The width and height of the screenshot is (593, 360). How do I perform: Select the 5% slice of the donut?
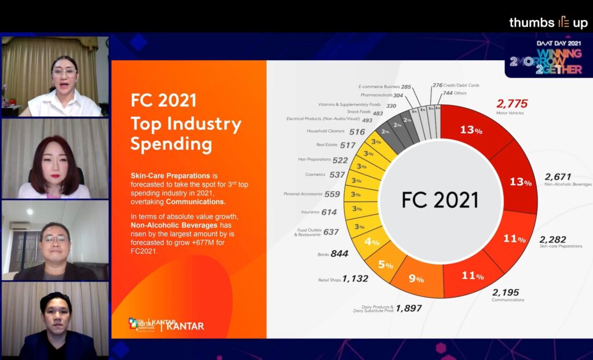tap(386, 264)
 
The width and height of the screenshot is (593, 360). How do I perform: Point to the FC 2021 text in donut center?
tap(440, 200)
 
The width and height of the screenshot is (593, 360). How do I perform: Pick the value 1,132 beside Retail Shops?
tap(355, 278)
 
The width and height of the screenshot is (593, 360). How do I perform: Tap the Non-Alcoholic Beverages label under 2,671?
tap(568, 184)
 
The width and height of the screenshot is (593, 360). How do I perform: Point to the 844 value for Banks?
tap(339, 254)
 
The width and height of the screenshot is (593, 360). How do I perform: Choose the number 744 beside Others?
tap(448, 93)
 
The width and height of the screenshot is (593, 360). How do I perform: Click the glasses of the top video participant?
tap(64, 74)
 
